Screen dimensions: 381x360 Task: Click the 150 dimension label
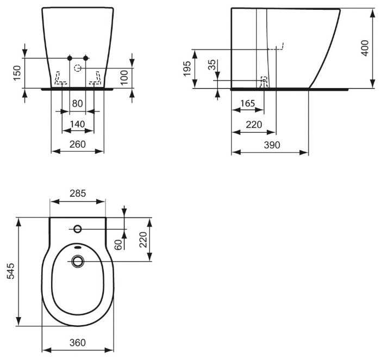pyautogui.click(x=17, y=73)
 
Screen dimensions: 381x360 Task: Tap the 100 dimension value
pyautogui.click(x=124, y=78)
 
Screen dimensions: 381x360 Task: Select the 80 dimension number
pyautogui.click(x=78, y=103)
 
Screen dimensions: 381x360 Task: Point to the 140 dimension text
pyautogui.click(x=78, y=124)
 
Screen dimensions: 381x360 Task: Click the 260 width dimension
pyautogui.click(x=78, y=145)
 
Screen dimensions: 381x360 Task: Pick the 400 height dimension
pyautogui.click(x=365, y=48)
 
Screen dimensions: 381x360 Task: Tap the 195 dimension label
pyautogui.click(x=188, y=69)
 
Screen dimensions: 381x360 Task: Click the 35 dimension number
pyautogui.click(x=212, y=65)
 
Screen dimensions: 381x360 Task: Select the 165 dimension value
pyautogui.click(x=248, y=103)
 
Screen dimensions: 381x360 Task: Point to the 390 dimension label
pyautogui.click(x=272, y=145)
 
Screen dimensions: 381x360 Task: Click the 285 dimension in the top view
pyautogui.click(x=78, y=194)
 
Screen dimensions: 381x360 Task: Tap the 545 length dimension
pyautogui.click(x=11, y=271)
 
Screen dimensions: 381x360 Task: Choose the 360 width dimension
pyautogui.click(x=78, y=343)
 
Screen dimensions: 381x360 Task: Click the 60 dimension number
pyautogui.click(x=118, y=245)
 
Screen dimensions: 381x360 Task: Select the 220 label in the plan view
pyautogui.click(x=143, y=240)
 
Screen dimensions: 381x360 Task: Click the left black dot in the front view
pyautogui.click(x=70, y=58)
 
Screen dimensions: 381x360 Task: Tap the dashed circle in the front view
pyautogui.click(x=78, y=69)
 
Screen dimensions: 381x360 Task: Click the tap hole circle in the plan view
pyautogui.click(x=78, y=229)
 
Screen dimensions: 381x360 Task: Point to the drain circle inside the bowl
pyautogui.click(x=78, y=262)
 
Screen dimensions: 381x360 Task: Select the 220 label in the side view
pyautogui.click(x=254, y=125)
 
